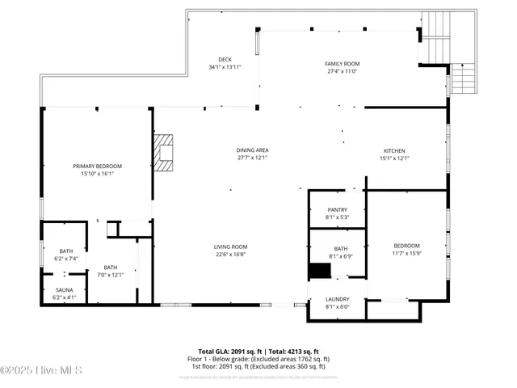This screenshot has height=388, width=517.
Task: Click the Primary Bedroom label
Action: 97,166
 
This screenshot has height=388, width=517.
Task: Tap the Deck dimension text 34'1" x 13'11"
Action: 225,67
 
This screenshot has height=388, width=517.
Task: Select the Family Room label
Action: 343,63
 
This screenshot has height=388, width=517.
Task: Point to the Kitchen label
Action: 394,150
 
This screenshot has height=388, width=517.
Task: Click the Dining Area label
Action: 252,150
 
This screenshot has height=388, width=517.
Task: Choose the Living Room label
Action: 230,247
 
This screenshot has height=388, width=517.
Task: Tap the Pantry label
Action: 337,209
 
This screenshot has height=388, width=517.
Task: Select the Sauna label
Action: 65,289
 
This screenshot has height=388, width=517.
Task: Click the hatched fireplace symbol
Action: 165,152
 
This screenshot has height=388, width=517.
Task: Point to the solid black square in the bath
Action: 321,271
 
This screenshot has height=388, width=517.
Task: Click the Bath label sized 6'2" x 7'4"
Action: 65,251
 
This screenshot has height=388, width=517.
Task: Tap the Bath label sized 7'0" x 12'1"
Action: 110,268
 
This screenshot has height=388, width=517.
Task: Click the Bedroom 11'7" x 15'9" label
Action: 406,246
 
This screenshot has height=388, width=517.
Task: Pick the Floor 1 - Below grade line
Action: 258,359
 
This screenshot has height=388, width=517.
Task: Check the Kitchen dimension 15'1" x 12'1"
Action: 394,158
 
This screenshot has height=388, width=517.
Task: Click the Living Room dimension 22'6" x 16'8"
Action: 230,254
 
